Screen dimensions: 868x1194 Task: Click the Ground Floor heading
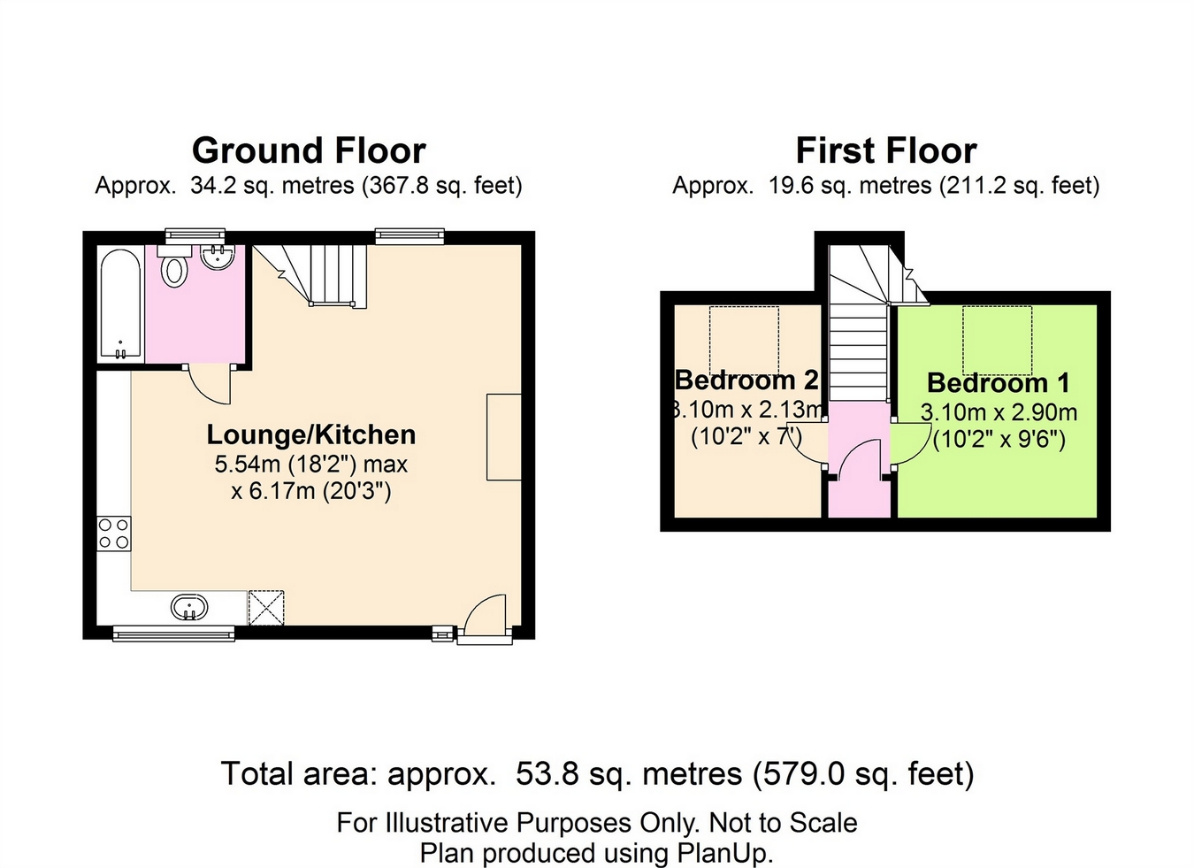309,151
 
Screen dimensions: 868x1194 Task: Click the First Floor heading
885,151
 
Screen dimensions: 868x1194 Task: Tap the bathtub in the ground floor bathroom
119,303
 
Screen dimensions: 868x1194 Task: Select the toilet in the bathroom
174,269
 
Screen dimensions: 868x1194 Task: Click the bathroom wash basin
217,257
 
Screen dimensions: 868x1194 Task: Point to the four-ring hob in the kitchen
114,534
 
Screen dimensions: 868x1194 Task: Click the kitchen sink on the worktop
189,608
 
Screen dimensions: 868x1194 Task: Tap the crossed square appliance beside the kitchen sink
265,608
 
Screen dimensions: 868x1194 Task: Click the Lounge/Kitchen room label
310,434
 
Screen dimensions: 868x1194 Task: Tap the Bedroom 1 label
998,383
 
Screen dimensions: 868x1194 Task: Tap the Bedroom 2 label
746,380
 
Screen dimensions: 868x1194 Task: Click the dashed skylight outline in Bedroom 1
997,340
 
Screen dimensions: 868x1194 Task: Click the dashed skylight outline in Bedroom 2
744,340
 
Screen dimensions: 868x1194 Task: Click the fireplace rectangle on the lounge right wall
503,437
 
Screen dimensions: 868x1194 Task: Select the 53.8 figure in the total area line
547,774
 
